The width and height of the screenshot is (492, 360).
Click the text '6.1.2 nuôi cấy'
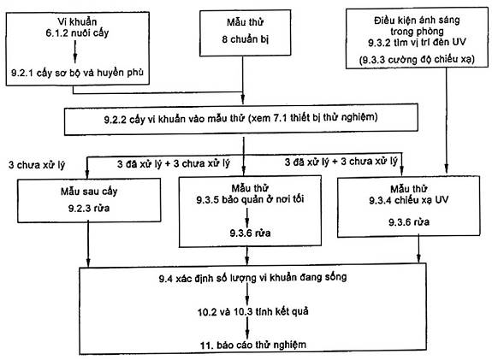pos(77,33)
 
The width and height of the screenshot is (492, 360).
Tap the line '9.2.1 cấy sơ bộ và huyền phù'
pos(78,73)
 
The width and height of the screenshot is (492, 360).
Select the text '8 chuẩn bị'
pos(246,39)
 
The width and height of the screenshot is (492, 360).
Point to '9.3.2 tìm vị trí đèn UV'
pos(417,43)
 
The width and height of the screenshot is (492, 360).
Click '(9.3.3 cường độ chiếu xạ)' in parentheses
pos(417,60)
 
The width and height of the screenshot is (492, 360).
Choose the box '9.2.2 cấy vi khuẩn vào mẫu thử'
pos(241,120)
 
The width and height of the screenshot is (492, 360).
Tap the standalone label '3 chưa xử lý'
pos(37,165)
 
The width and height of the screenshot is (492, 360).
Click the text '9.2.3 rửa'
pos(89,209)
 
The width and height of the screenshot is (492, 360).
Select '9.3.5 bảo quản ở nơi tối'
pos(250,199)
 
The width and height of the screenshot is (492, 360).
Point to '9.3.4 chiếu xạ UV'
pos(408,200)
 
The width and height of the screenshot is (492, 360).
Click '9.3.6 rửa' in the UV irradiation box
pos(409,222)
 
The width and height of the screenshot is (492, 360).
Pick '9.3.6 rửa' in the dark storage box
pos(250,233)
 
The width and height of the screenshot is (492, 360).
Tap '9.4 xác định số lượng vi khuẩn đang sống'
pos(252,278)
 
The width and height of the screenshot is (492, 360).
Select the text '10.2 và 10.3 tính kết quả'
pos(253,311)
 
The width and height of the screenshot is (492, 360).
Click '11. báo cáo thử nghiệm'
pos(253,345)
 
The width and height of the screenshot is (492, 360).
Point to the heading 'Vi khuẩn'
pos(77,21)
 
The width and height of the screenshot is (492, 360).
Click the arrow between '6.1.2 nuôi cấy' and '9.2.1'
pos(75,51)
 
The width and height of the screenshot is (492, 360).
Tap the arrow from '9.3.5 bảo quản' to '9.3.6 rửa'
pos(247,217)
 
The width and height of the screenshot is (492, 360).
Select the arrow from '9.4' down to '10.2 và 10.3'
pos(247,295)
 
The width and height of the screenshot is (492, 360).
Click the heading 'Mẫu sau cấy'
pos(89,192)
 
